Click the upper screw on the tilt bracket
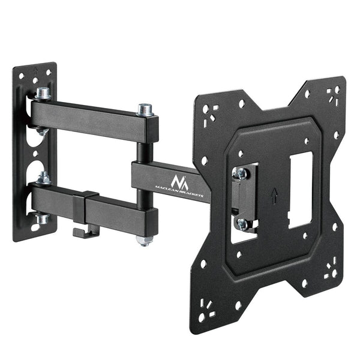point(241,174)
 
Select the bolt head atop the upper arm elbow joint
point(144,110)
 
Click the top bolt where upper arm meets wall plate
point(43,94)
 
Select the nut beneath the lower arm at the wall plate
point(41,219)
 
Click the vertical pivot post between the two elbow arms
point(142,145)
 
